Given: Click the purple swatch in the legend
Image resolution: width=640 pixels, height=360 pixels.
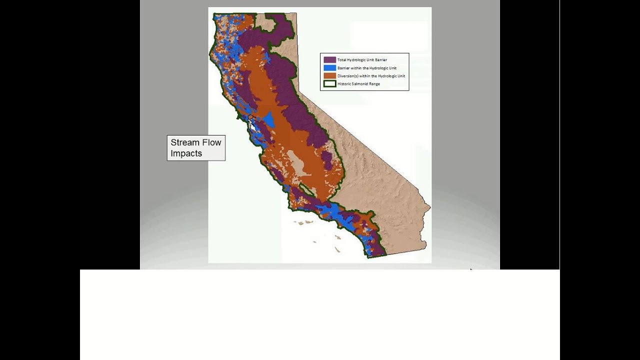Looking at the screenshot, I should tap(329, 60).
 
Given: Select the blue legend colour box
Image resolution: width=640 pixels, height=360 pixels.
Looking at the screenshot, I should tap(329, 68).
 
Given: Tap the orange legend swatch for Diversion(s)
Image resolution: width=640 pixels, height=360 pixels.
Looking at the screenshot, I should tap(329, 76).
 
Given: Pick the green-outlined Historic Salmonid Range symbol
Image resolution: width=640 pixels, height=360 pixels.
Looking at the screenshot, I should tap(329, 84).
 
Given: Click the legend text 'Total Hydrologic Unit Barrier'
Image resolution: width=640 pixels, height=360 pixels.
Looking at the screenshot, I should tap(362, 60).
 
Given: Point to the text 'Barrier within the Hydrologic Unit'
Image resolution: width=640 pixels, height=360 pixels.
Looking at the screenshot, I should tap(366, 68).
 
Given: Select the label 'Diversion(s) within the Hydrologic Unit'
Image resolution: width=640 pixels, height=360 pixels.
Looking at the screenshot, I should tap(371, 76).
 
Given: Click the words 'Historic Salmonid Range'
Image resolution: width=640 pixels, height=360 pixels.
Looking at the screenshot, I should tap(358, 84).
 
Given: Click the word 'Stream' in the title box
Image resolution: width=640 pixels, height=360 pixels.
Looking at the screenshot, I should tap(185, 142).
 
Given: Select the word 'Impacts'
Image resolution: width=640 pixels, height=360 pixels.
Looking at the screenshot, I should tap(186, 153).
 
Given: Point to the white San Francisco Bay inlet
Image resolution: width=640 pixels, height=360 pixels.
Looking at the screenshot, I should tap(253, 125).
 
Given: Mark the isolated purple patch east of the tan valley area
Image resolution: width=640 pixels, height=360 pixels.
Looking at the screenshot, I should tap(326, 160).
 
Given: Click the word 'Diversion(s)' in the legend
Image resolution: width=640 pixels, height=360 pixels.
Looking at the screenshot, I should tap(348, 76).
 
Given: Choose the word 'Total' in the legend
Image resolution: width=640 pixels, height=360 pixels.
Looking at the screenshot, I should tap(341, 60).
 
